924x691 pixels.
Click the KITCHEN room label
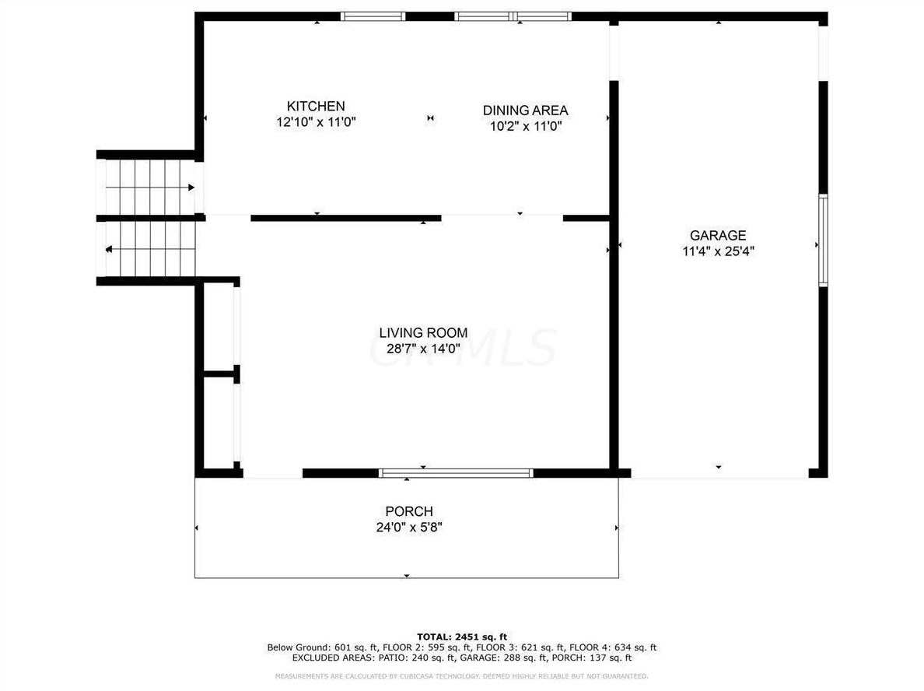click(x=316, y=107)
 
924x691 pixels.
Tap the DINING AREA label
click(x=525, y=110)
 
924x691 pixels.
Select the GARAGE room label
click(x=717, y=236)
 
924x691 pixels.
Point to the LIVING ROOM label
click(x=423, y=333)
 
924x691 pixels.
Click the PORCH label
click(x=409, y=511)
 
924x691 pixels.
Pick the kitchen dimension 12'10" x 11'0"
click(x=316, y=122)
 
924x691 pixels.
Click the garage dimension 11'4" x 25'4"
click(x=717, y=251)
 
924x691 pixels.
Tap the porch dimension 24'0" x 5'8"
click(x=409, y=527)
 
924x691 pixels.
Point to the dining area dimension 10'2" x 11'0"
click(x=525, y=126)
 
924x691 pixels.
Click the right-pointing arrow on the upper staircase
click(x=190, y=188)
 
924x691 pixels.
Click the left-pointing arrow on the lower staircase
click(x=109, y=250)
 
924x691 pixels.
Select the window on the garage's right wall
click(x=823, y=241)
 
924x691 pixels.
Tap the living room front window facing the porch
click(x=456, y=472)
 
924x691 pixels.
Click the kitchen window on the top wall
click(x=373, y=16)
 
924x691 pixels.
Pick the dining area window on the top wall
click(x=513, y=16)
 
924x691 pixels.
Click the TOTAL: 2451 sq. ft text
click(x=461, y=637)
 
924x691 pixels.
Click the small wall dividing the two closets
click(x=220, y=374)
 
